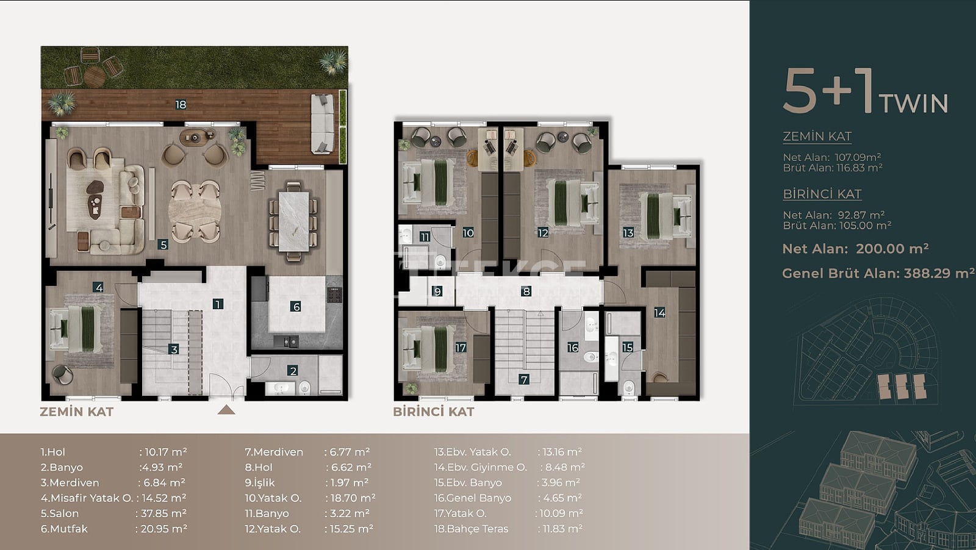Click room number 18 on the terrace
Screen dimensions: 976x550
[x=181, y=104]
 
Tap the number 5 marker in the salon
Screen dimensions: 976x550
[x=163, y=245]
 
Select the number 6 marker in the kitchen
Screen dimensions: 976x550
[x=296, y=307]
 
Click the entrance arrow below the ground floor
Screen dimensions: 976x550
[x=226, y=410]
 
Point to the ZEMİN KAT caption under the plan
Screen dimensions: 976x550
[x=77, y=412]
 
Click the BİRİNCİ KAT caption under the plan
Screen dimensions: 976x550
[x=434, y=412]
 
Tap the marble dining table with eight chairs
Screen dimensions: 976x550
[x=293, y=222]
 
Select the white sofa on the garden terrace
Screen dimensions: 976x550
[x=323, y=124]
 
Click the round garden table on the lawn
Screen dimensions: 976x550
[x=95, y=77]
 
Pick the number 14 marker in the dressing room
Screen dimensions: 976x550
[x=659, y=312]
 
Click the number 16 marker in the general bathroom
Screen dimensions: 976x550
[x=573, y=348]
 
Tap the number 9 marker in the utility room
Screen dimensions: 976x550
[x=437, y=291]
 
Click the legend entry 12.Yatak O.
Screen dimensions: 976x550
[x=273, y=529]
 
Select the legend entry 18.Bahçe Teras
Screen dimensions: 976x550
[x=472, y=529]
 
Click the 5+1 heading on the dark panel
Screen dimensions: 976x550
[x=828, y=91]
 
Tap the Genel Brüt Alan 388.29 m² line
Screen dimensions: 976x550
[x=878, y=274]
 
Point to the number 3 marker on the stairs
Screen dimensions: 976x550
[x=174, y=349]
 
